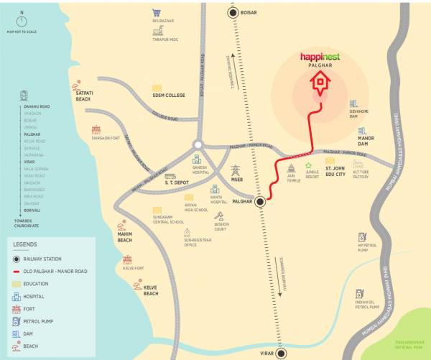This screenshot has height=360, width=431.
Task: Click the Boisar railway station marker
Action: pos(233,12)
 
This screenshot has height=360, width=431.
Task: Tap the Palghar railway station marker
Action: pos(260,203)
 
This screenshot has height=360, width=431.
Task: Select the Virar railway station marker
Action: pos(282,353)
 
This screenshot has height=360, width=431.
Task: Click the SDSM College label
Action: pos(168,95)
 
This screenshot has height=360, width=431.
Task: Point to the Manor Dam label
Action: pos(367,142)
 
